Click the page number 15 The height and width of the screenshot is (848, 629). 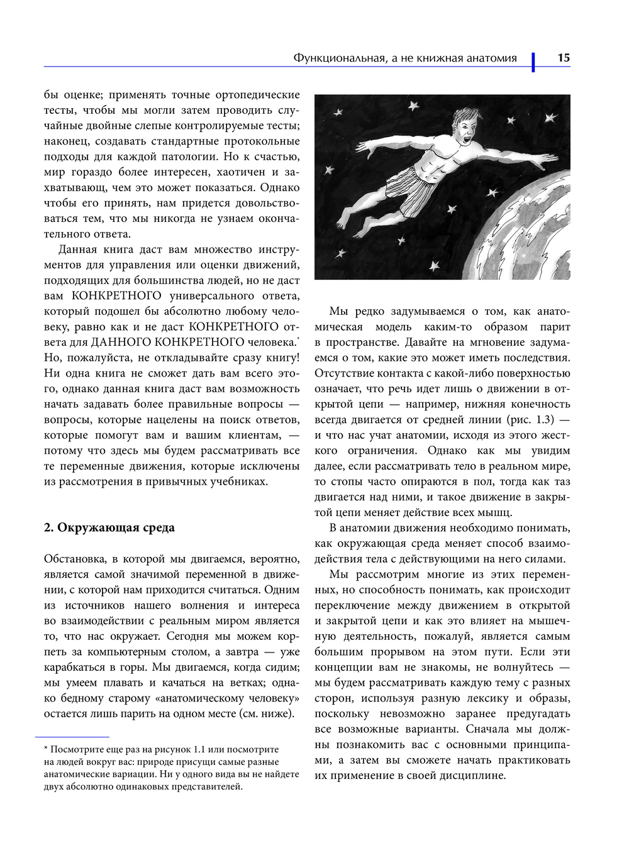[563, 58]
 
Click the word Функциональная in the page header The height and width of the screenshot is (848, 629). [339, 58]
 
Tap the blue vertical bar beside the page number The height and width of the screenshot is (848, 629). [533, 62]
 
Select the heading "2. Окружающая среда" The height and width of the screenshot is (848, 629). [109, 527]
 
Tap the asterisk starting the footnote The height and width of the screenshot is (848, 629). [46, 749]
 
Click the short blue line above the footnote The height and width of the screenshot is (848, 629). [72, 737]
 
